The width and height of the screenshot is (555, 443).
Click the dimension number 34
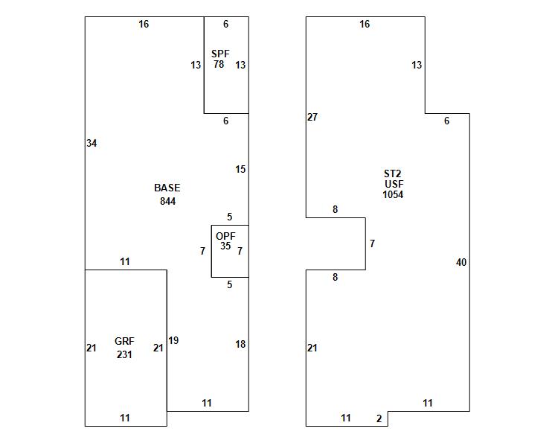tap(92, 143)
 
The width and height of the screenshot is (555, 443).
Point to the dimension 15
tap(240, 169)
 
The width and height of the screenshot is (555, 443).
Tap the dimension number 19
tap(173, 340)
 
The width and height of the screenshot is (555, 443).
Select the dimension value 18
tap(240, 344)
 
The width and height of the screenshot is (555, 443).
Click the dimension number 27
tap(312, 117)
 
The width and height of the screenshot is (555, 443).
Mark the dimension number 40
tap(461, 262)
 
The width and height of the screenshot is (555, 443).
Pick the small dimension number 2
tap(379, 418)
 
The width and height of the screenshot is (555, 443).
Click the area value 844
tap(167, 201)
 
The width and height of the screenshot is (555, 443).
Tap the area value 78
tap(219, 65)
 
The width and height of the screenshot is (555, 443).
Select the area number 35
tap(225, 246)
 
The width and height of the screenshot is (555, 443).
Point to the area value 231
tap(124, 354)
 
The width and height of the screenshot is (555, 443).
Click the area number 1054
tap(393, 194)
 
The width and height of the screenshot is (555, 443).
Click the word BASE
tap(167, 188)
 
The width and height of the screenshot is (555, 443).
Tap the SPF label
tap(220, 54)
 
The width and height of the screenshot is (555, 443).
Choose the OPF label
tap(225, 236)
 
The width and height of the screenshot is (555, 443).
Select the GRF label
tap(124, 341)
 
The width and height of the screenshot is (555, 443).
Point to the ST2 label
tap(393, 173)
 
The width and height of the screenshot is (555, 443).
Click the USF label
tap(394, 184)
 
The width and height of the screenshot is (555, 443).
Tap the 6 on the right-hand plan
tap(446, 121)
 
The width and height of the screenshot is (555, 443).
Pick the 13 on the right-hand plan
tap(417, 65)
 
